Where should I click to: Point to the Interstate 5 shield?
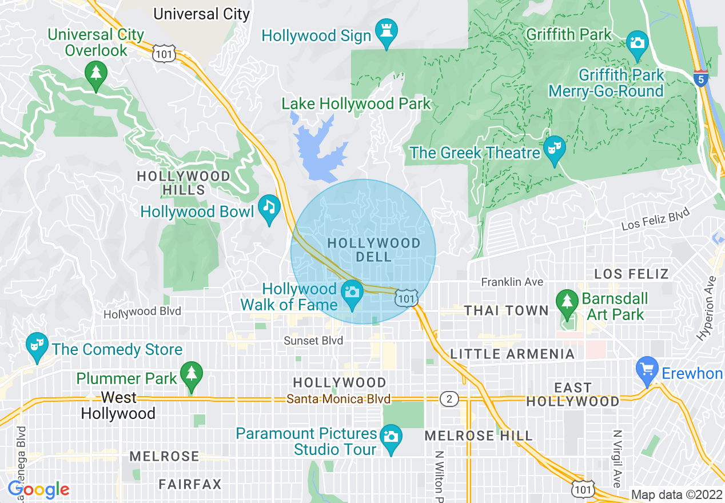tap(700, 78)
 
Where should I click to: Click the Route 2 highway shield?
tap(449, 399)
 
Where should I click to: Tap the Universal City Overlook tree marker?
tap(96, 75)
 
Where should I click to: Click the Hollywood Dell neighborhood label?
tap(373, 250)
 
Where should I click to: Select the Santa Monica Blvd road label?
tap(338, 399)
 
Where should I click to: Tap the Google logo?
tap(39, 490)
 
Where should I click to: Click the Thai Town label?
tap(506, 311)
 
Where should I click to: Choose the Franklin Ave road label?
tap(512, 282)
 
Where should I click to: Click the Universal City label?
tap(202, 14)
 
